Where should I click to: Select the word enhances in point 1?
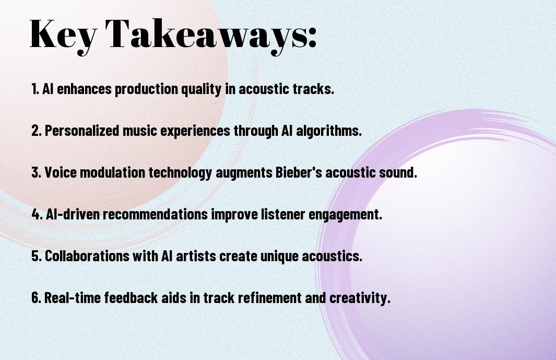click(84, 89)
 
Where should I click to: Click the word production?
click(147, 89)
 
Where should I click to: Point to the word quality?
click(202, 89)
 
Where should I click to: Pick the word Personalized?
click(82, 130)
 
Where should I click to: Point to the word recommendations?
click(155, 214)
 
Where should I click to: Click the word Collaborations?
click(87, 256)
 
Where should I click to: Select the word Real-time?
click(73, 297)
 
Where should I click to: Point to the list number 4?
click(37, 214)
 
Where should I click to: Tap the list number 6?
click(37, 297)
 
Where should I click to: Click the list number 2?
click(37, 130)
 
